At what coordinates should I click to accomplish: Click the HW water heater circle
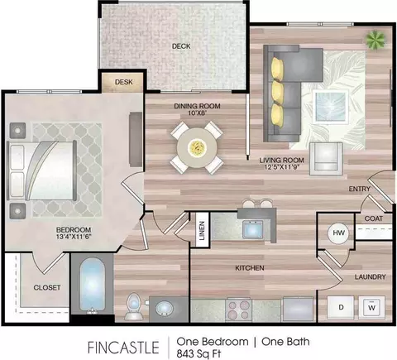(x=338, y=233)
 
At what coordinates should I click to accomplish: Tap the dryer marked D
(x=341, y=307)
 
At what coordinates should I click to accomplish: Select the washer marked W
(x=372, y=307)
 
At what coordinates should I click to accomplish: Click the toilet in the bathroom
(x=134, y=306)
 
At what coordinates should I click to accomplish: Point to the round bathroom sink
(x=165, y=309)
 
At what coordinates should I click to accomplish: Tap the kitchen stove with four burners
(x=239, y=310)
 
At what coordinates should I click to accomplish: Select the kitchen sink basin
(x=252, y=229)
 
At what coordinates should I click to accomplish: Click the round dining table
(x=197, y=148)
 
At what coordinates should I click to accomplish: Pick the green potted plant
(x=375, y=41)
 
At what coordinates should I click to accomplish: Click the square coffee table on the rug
(x=330, y=107)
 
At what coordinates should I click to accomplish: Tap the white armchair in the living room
(x=326, y=158)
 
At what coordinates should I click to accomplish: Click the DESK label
(x=124, y=82)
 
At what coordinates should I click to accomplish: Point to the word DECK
(x=181, y=46)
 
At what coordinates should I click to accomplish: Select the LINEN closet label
(x=202, y=231)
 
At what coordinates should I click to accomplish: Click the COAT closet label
(x=374, y=218)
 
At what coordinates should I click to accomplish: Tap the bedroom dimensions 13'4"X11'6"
(x=74, y=237)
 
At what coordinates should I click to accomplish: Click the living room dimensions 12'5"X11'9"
(x=281, y=167)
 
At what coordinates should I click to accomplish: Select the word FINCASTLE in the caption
(x=123, y=348)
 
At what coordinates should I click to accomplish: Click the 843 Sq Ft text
(x=198, y=354)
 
